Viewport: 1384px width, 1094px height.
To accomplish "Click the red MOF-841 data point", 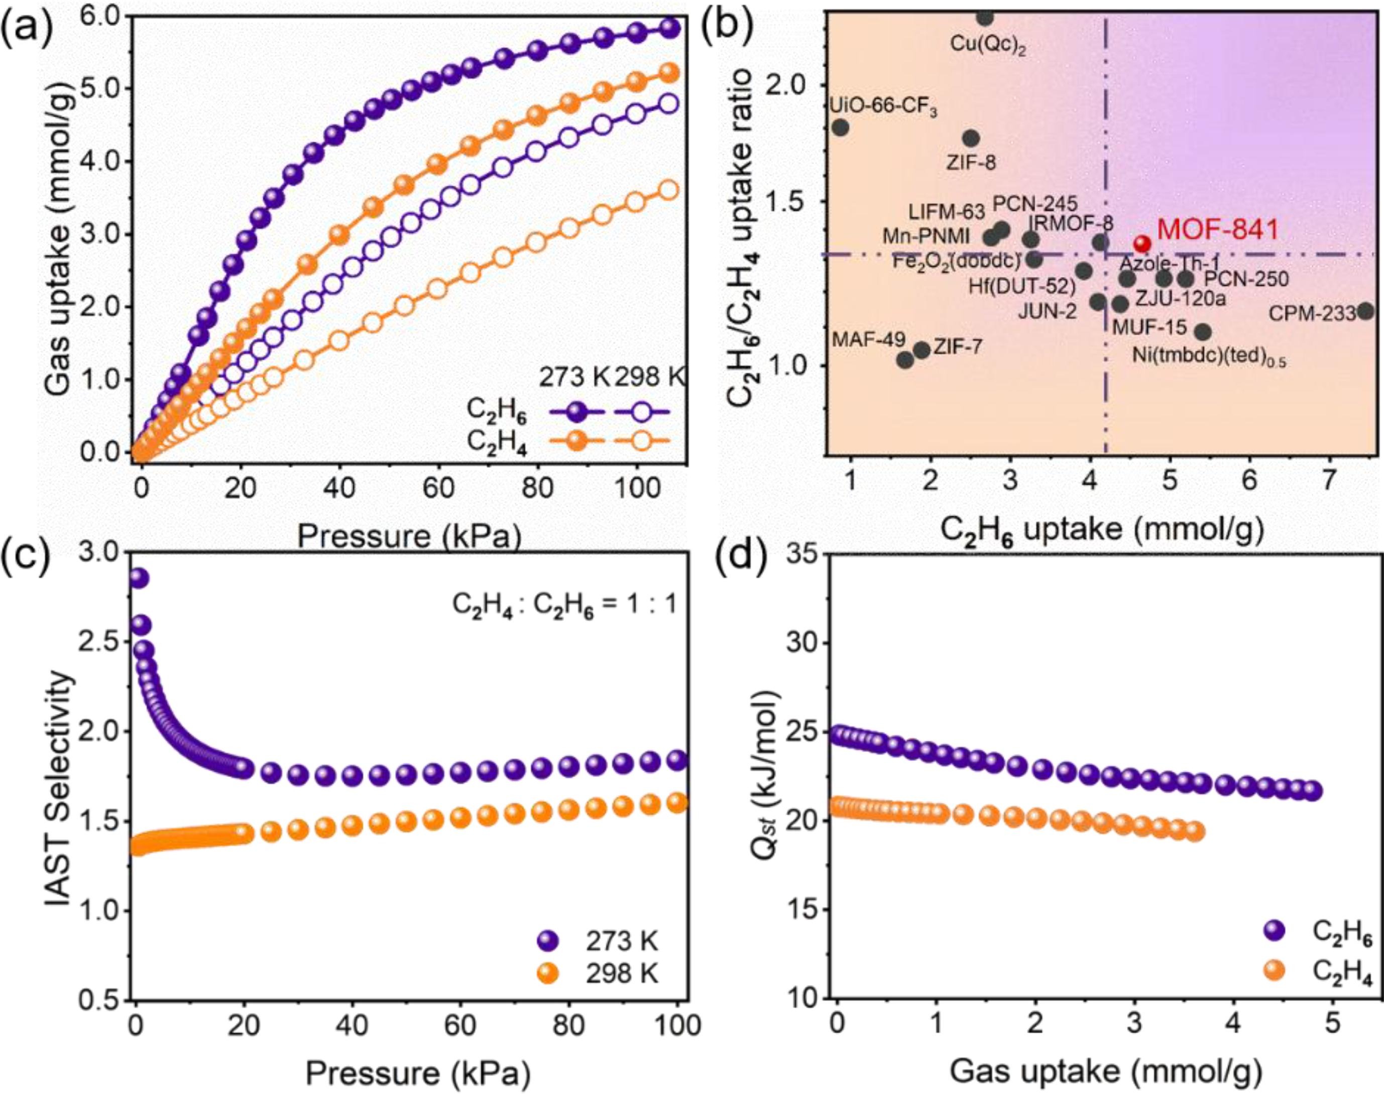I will [x=1142, y=244].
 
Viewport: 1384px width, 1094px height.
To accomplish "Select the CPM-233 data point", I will [x=1365, y=311].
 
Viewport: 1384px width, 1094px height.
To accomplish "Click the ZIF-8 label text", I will [x=971, y=163].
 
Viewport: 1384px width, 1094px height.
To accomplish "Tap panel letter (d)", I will [x=736, y=564].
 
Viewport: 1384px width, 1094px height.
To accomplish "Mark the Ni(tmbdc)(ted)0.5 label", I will [x=1200, y=356].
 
